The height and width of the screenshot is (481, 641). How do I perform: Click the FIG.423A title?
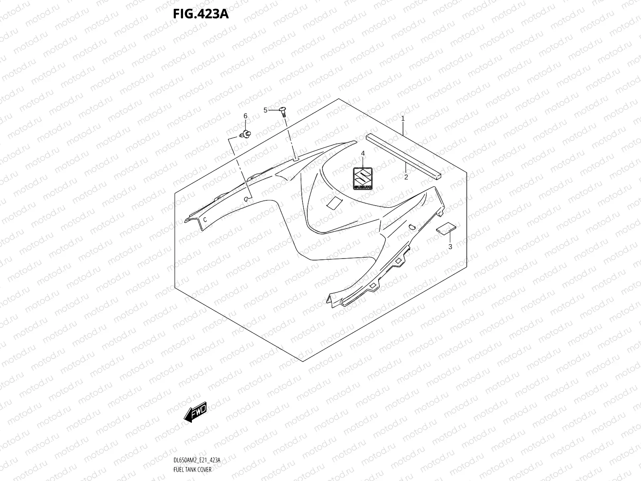(x=200, y=14)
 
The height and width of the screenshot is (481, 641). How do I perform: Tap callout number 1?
(x=403, y=119)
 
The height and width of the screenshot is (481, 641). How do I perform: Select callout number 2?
(x=406, y=177)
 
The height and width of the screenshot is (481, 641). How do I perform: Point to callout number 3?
(x=450, y=247)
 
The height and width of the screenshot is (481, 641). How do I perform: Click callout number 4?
(x=363, y=154)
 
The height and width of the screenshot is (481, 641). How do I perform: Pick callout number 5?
(x=265, y=110)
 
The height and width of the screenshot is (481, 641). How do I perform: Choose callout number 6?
(x=246, y=116)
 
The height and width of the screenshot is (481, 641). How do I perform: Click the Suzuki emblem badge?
(x=363, y=178)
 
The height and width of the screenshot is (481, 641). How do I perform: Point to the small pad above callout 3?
(x=446, y=228)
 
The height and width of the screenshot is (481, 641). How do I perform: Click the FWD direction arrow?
(x=195, y=411)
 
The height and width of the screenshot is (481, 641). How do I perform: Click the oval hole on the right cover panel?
(x=411, y=227)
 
